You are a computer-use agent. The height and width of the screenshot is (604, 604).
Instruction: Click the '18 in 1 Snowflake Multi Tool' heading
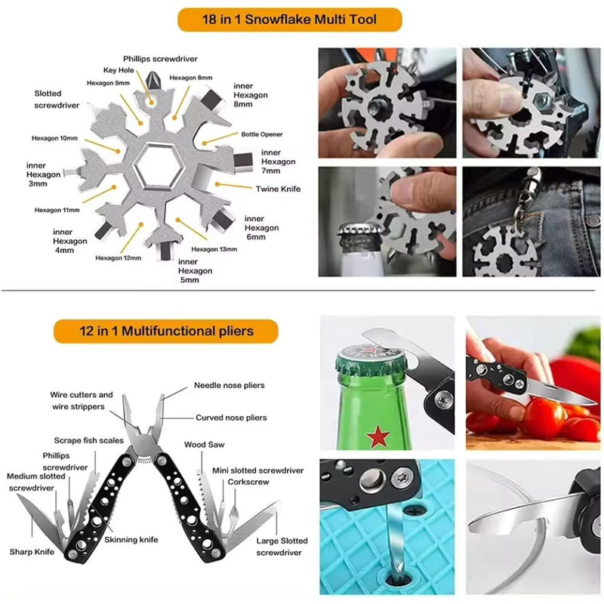[x=290, y=19]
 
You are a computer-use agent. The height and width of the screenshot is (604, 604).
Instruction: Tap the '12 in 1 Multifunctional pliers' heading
[x=166, y=331]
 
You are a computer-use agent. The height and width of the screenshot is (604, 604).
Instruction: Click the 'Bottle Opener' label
[x=262, y=134]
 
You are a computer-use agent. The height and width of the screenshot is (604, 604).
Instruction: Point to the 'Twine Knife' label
[x=279, y=190]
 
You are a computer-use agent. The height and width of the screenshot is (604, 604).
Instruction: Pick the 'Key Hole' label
[x=119, y=69]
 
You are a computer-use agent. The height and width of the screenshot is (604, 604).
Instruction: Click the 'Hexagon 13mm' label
[x=214, y=249]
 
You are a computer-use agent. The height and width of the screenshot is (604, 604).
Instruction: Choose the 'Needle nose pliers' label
[x=230, y=385]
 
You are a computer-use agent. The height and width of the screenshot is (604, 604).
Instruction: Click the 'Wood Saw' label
[x=204, y=445]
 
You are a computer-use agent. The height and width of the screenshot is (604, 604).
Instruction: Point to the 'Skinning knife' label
[x=131, y=540]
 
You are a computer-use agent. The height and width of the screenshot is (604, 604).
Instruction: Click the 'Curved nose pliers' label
[x=231, y=418]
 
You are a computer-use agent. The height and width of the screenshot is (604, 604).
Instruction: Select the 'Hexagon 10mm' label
[x=54, y=138]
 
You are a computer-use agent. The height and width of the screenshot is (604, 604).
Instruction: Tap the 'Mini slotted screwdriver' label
[x=258, y=470]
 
